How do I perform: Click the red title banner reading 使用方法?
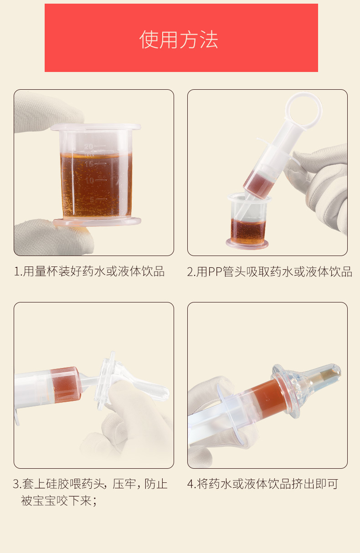[x=181, y=38]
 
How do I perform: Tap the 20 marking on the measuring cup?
[x=89, y=147]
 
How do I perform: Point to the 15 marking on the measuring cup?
[x=89, y=164]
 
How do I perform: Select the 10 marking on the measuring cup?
[x=90, y=180]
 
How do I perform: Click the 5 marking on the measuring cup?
[x=92, y=200]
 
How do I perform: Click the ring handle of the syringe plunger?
[x=303, y=110]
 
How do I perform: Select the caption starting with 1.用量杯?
[x=89, y=271]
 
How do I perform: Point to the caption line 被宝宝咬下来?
[x=58, y=501]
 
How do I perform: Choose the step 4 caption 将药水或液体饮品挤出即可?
[x=267, y=484]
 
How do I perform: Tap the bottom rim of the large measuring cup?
[x=97, y=221]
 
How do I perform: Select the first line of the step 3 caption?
[x=90, y=484]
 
